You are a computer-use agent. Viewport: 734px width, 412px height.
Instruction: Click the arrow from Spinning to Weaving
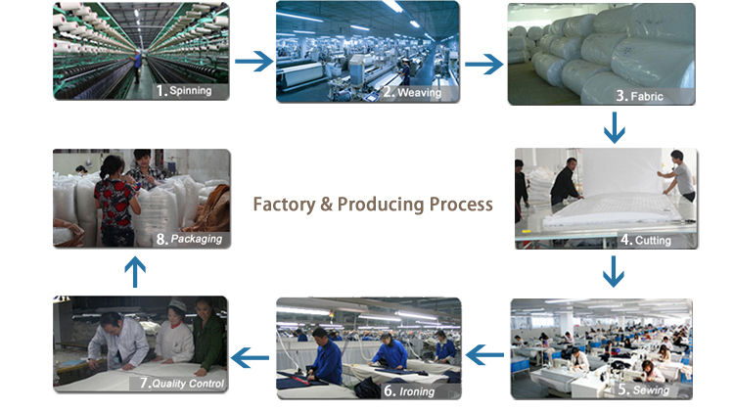coord(254,62)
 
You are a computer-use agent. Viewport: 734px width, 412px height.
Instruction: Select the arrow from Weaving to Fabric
coord(484,65)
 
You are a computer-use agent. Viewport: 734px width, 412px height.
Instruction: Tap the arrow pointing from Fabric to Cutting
coord(615,127)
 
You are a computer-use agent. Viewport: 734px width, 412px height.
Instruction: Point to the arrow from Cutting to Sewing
coord(614,271)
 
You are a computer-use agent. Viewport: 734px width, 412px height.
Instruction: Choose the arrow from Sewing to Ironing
coord(485,355)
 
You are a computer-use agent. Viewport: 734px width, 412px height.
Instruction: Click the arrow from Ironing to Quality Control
coord(250,358)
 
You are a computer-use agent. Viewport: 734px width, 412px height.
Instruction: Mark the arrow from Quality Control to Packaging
coord(135,272)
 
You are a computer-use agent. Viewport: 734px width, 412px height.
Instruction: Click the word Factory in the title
coord(284,205)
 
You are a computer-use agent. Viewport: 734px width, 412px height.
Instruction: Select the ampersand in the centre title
coord(326,206)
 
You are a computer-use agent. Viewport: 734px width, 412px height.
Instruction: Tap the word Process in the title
coord(461,205)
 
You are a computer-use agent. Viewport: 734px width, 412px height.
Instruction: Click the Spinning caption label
coord(184,90)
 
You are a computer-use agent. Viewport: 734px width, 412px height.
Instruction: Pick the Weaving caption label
coord(412,92)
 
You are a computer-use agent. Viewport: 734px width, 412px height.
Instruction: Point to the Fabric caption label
coord(640,96)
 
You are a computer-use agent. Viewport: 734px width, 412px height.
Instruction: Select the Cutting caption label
coord(646,240)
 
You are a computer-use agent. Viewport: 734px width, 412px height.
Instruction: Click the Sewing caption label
coord(644,389)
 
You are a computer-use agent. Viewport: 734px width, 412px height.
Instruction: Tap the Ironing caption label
coord(409,390)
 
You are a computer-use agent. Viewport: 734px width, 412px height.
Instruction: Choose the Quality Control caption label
coord(182,384)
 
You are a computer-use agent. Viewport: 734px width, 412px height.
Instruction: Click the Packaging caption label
coord(189,239)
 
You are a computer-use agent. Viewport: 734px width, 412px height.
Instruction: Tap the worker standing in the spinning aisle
coord(137,67)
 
